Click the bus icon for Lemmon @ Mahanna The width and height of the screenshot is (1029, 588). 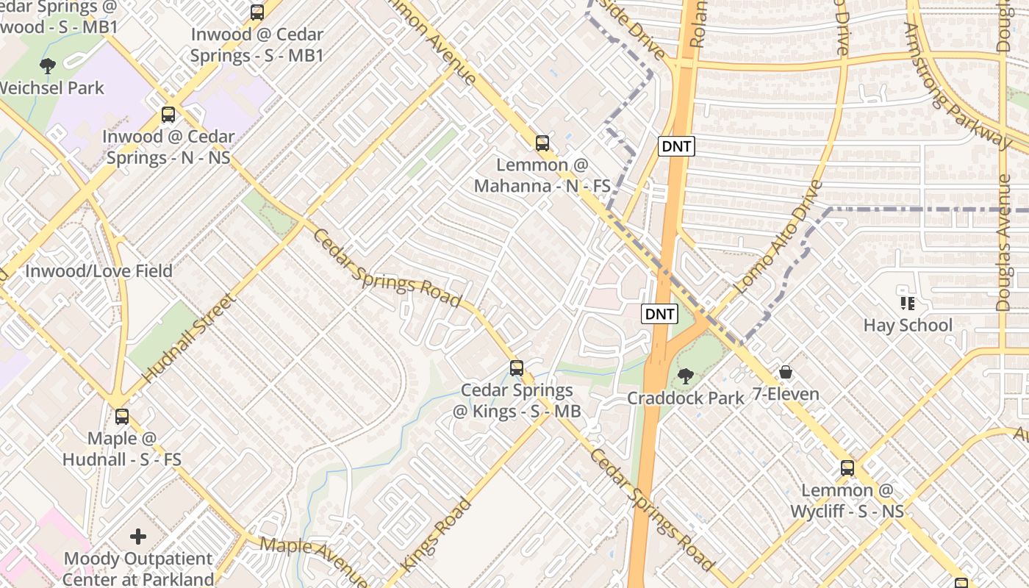point(542,143)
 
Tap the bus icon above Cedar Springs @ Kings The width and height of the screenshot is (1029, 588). point(517,368)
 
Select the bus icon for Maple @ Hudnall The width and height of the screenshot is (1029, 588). point(122,417)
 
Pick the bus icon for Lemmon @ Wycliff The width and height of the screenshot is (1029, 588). point(847,468)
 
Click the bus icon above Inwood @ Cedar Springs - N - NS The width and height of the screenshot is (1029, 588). point(168,115)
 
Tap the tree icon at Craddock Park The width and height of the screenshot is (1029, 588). point(685,376)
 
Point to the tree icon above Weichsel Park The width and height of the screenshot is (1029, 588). point(48,66)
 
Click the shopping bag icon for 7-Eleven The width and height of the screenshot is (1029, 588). point(786,372)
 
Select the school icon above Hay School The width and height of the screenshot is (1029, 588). point(907,303)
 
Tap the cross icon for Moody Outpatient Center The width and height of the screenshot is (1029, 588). point(138,537)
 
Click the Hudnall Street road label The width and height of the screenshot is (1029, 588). point(188,338)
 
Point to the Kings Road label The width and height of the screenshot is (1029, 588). point(435,536)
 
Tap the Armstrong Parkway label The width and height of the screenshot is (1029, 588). point(956,85)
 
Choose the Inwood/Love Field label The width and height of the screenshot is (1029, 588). point(98,271)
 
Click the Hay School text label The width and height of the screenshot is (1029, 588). point(908,325)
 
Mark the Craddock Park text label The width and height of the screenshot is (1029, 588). point(685,398)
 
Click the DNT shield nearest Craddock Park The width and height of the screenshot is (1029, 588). point(659,315)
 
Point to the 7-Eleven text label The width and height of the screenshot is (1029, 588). point(786,395)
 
